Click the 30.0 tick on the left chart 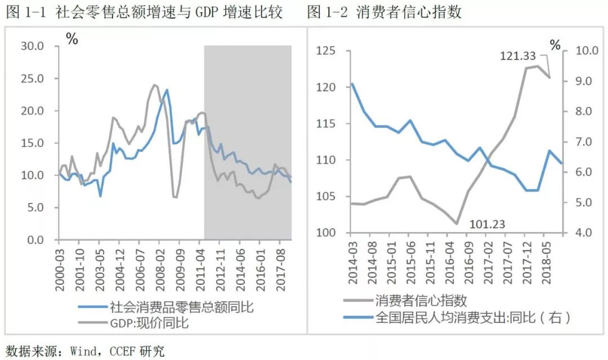[x=33, y=46]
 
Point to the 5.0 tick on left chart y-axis [x=35, y=208]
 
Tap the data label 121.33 [x=518, y=56]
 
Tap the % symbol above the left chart [x=71, y=39]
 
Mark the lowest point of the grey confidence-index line [x=457, y=224]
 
